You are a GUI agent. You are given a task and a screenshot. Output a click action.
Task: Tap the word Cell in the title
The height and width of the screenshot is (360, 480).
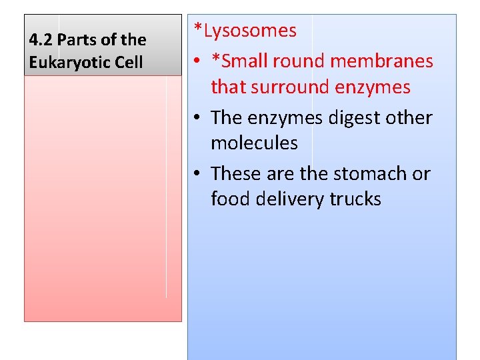[x=128, y=63]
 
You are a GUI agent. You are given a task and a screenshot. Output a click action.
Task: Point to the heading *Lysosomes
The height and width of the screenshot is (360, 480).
[x=245, y=31]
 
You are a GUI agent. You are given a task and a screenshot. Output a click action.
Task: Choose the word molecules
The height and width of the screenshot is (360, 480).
[x=254, y=143]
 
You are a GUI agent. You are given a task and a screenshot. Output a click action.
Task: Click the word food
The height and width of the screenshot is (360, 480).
[x=229, y=199]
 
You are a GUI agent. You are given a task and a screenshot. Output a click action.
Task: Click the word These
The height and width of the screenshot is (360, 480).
[x=235, y=174]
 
